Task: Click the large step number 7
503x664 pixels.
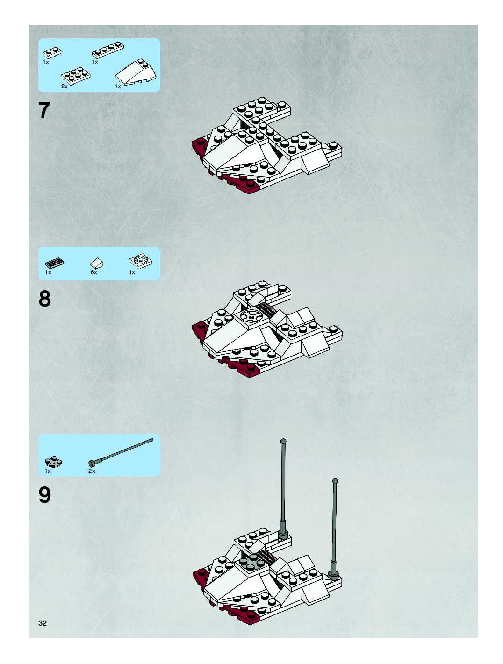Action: tap(44, 110)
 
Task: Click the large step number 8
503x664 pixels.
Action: tap(45, 299)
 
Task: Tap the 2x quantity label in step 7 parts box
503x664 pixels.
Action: tap(64, 86)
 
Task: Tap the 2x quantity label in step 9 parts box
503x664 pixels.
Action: tap(92, 471)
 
